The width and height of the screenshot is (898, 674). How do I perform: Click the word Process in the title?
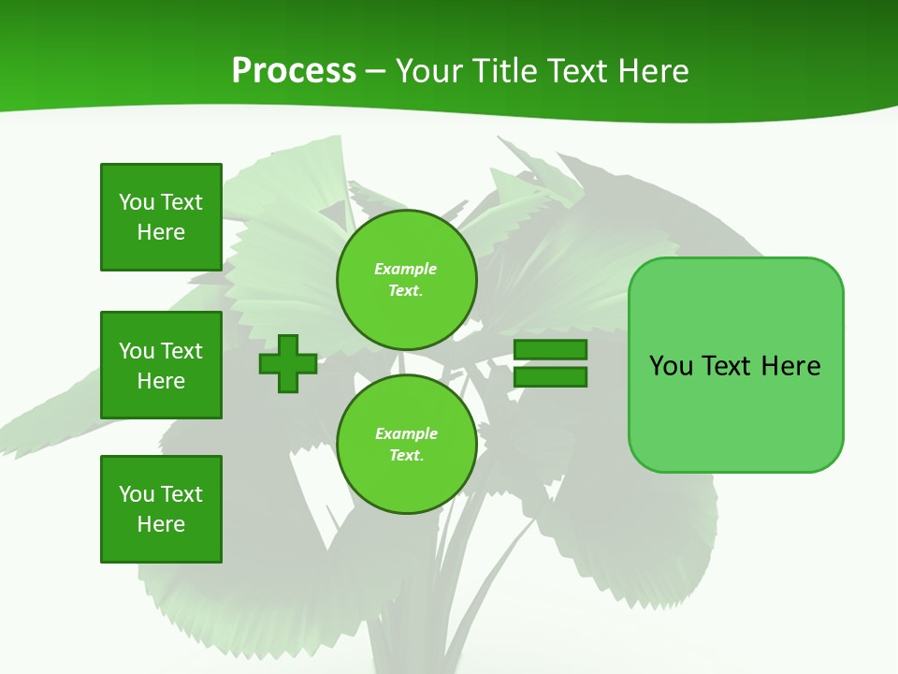294,71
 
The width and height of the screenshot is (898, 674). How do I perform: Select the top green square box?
161,217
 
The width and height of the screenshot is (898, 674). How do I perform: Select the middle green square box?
161,365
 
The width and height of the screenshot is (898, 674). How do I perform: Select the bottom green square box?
161,509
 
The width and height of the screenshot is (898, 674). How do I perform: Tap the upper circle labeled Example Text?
407,280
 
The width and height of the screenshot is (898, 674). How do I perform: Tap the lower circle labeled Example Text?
407,445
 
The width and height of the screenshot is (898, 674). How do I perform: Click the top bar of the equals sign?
550,349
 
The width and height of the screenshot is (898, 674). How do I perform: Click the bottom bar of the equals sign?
550,377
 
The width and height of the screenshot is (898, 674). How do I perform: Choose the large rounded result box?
735,412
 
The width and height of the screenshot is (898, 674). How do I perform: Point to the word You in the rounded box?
671,366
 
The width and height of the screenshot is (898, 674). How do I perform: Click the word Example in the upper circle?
405,269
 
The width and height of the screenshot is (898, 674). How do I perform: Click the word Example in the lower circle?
406,433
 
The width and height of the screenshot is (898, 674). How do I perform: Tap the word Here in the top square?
161,232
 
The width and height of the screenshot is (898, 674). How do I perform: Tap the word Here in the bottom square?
161,524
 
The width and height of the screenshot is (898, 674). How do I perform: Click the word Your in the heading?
429,71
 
